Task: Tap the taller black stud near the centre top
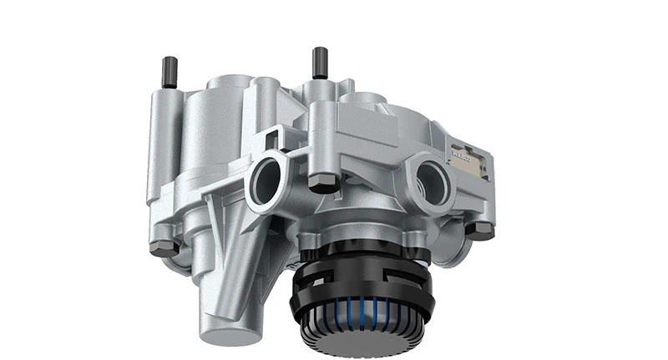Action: pos(319,63)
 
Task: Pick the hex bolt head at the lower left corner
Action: pos(164,247)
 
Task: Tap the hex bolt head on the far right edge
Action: pos(480,230)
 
